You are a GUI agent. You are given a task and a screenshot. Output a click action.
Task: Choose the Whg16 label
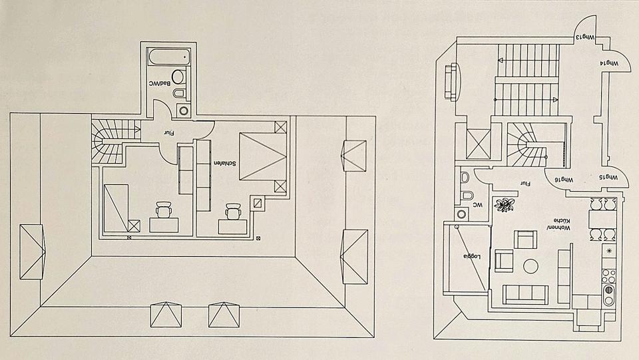point(564,180)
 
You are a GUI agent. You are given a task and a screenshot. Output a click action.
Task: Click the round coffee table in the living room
point(531,267)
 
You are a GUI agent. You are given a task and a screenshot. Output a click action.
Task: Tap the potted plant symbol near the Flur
point(505,205)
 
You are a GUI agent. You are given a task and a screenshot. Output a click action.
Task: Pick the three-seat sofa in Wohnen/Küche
point(525,293)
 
